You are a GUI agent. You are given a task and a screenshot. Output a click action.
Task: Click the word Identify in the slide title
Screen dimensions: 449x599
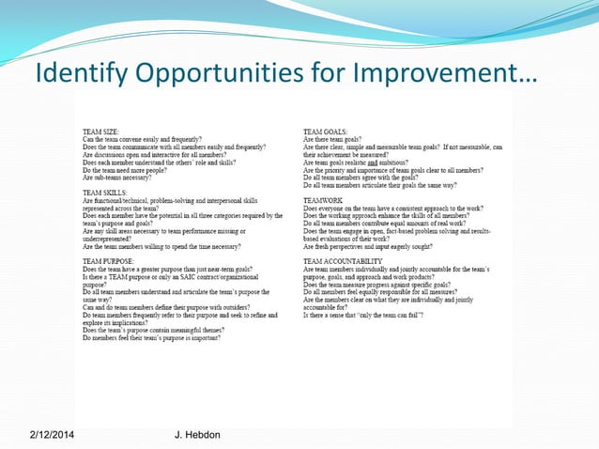pos(78,71)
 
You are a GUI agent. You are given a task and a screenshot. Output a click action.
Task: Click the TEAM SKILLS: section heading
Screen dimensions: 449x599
pos(105,192)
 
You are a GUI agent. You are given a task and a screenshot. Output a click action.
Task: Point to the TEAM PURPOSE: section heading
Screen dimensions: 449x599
pos(109,260)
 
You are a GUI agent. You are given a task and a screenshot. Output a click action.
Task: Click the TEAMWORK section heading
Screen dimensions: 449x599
pos(323,199)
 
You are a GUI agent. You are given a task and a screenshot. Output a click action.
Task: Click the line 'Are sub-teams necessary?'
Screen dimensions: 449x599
pos(125,177)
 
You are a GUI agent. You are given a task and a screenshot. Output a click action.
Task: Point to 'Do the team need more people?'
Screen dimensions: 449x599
pos(134,169)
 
